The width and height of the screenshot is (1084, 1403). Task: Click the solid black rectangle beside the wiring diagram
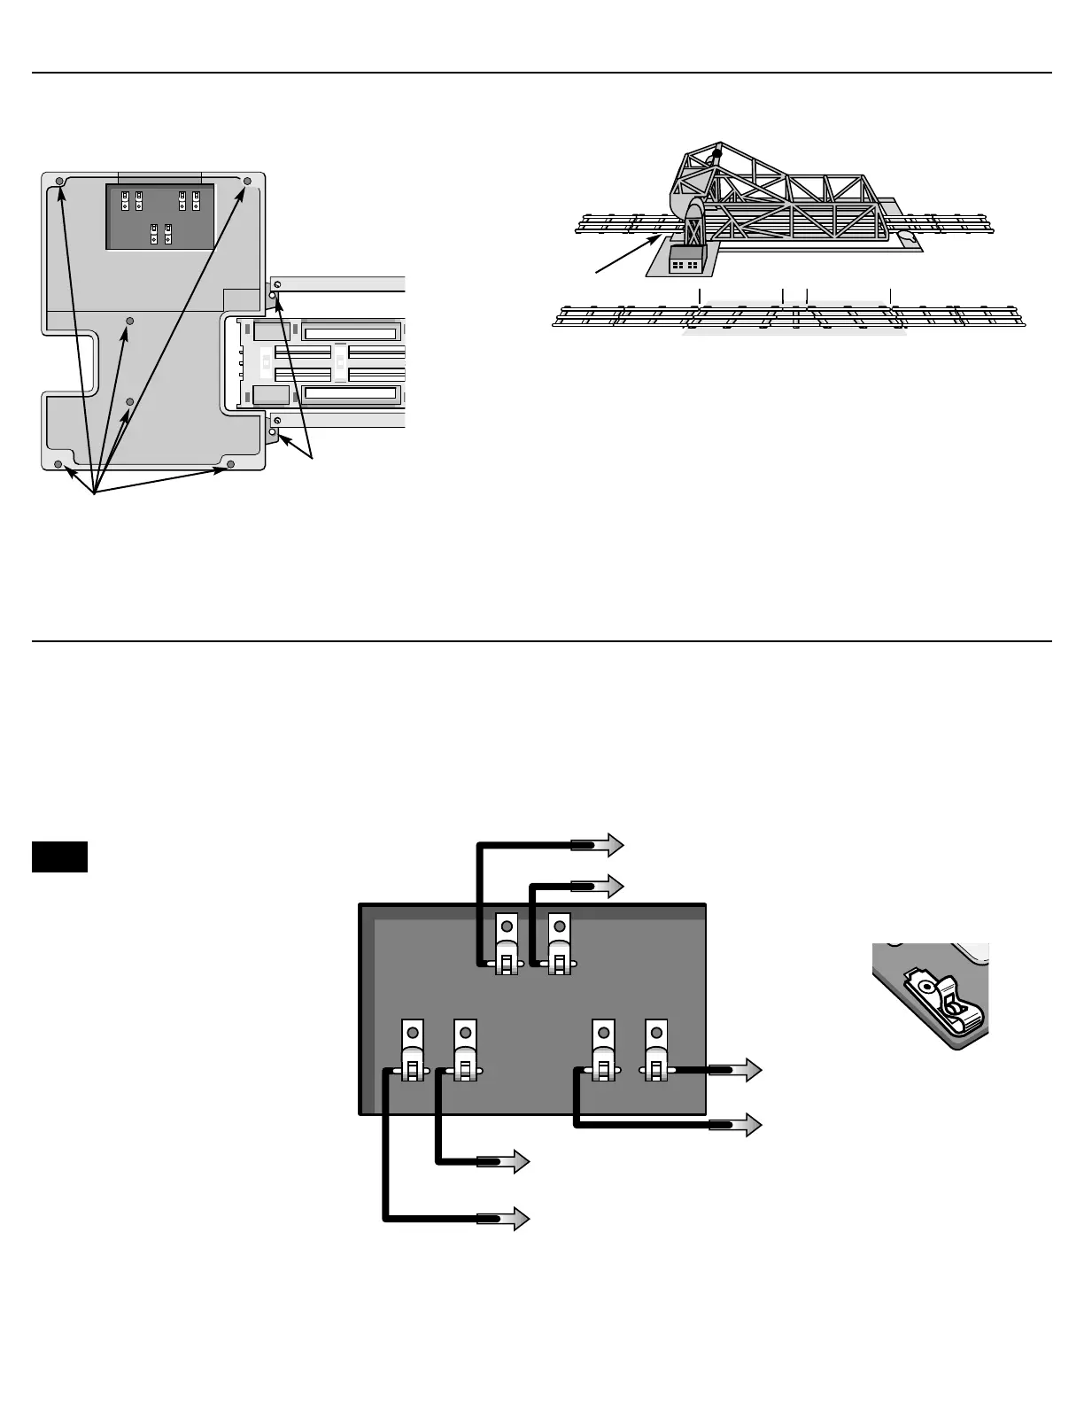click(59, 857)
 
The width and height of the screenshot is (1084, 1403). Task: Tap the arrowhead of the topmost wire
click(612, 846)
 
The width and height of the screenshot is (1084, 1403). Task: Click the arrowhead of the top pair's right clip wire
click(612, 885)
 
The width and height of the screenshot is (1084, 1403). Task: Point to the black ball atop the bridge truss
click(716, 153)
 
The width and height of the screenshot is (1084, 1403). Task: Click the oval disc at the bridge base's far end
click(904, 236)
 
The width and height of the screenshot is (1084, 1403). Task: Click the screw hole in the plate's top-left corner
click(59, 182)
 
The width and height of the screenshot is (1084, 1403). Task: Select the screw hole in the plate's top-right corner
click(248, 182)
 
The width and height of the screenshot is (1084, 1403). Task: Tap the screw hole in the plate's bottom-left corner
click(58, 464)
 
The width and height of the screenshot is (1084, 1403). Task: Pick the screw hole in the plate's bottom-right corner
click(230, 464)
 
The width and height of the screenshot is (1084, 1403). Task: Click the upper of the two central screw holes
click(130, 320)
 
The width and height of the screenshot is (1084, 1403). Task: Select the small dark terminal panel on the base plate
click(159, 216)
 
